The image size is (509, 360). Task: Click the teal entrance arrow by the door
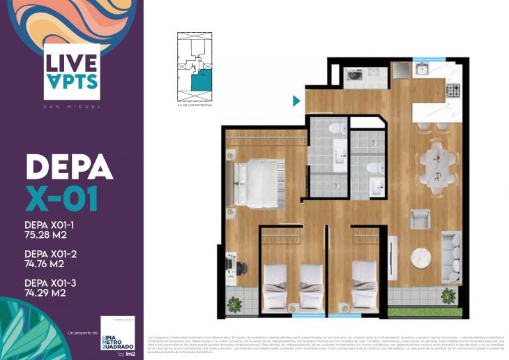(x=296, y=101)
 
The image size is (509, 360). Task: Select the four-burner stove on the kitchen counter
(x=453, y=89)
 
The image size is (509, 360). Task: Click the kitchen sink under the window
(x=423, y=69)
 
